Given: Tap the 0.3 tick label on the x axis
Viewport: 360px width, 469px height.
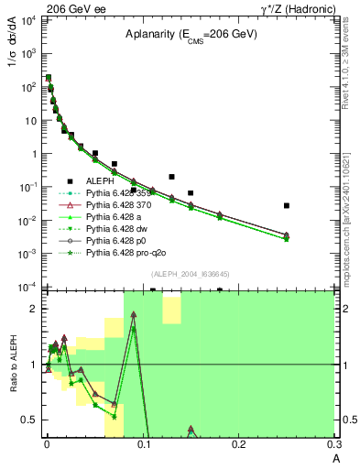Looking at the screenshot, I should (x=334, y=443).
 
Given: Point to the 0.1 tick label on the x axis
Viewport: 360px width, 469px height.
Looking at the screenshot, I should (x=142, y=443).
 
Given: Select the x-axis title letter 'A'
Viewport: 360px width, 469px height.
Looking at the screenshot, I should (x=335, y=458).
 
